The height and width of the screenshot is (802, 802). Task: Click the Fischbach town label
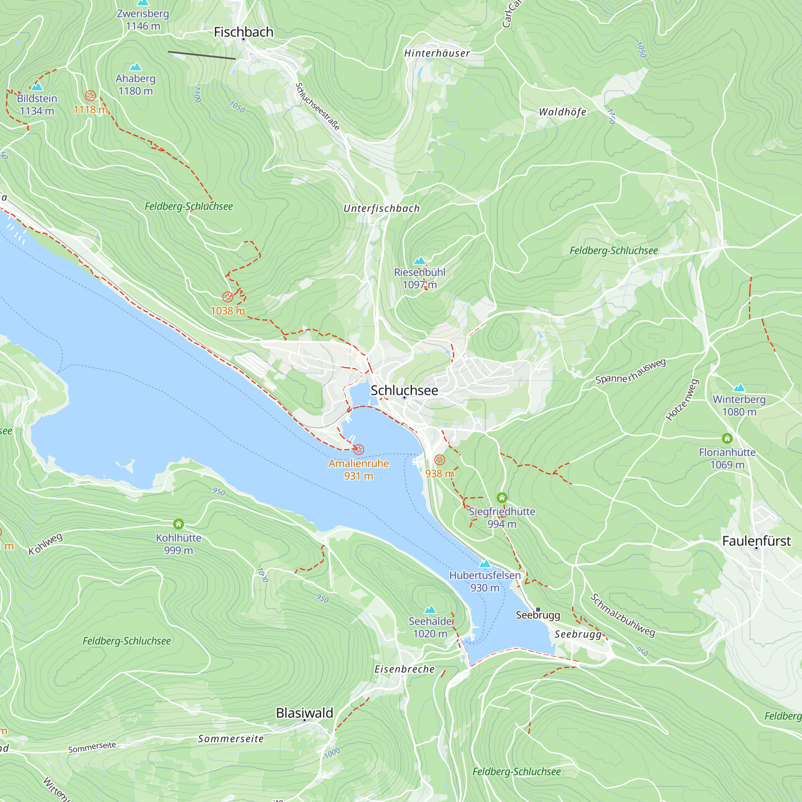[x=244, y=32]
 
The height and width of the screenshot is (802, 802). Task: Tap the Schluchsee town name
[x=404, y=391]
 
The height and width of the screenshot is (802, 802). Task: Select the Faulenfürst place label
[x=756, y=541]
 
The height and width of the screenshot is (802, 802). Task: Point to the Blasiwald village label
[x=304, y=713]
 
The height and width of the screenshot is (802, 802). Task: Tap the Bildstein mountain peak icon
[x=37, y=87]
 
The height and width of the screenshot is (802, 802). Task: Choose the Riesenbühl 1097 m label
[x=419, y=278]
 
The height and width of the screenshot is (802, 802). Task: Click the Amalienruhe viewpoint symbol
[x=358, y=449]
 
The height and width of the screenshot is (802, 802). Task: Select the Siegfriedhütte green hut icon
[x=502, y=497]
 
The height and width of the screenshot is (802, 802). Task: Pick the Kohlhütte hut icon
[x=178, y=523]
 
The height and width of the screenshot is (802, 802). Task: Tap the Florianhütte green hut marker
[x=727, y=438]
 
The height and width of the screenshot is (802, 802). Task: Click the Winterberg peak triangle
[x=739, y=388]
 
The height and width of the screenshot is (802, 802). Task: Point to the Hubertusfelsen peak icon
[x=485, y=564]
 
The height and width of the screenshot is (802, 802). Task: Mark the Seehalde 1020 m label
[x=430, y=627]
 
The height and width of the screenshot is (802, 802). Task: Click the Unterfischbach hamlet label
[x=381, y=209]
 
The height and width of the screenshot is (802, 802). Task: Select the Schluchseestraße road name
[x=318, y=106]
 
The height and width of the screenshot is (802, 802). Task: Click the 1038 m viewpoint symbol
[x=227, y=297]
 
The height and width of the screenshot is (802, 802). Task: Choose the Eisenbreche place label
[x=404, y=669]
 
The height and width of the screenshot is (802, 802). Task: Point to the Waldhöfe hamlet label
[x=562, y=112]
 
